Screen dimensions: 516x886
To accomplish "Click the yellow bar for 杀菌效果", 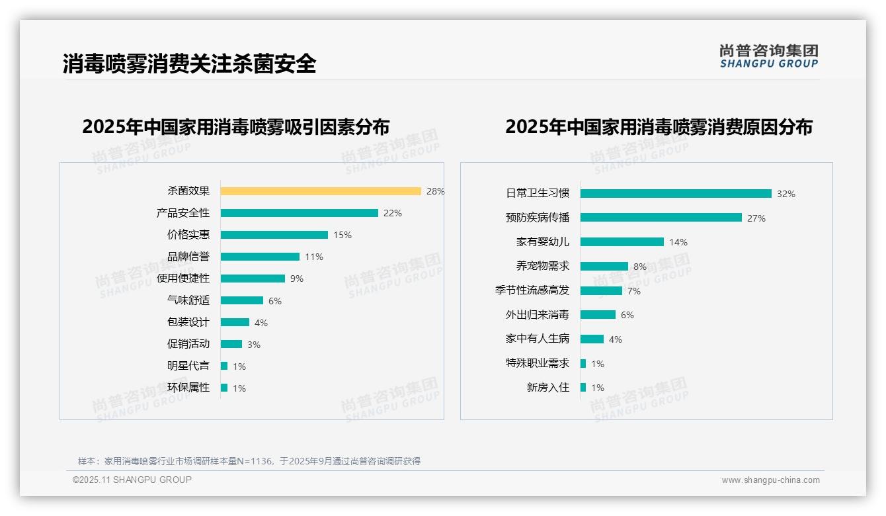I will (x=321, y=191).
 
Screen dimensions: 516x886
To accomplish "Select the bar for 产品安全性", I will (x=299, y=213).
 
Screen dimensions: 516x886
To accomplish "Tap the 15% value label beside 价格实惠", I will (x=342, y=235).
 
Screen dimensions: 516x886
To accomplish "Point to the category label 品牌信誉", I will (x=188, y=257).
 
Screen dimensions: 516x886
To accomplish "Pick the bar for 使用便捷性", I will (x=253, y=279).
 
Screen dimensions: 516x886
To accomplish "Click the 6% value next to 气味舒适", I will (x=275, y=301).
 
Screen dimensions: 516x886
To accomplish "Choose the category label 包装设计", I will (x=188, y=322).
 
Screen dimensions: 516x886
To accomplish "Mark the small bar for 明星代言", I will (x=224, y=366).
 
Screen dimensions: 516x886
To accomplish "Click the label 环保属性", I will (x=188, y=388).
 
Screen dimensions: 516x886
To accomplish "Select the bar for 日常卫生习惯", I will (x=676, y=194).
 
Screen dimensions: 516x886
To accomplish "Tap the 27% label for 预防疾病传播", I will (x=756, y=218).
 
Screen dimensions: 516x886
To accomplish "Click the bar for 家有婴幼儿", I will (x=622, y=242).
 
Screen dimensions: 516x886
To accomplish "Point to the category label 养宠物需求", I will (x=542, y=266).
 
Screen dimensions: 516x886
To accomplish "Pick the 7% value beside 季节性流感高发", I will (x=633, y=291).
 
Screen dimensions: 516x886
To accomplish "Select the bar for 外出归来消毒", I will (x=598, y=315).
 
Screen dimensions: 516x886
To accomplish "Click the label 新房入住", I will (x=547, y=388).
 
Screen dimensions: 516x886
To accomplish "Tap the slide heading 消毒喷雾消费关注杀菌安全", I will (x=189, y=64).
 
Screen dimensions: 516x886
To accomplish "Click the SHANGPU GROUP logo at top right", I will (x=768, y=56).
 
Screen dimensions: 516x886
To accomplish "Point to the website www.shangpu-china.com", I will (x=770, y=480).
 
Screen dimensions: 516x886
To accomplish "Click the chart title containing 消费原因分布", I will (x=659, y=126).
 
